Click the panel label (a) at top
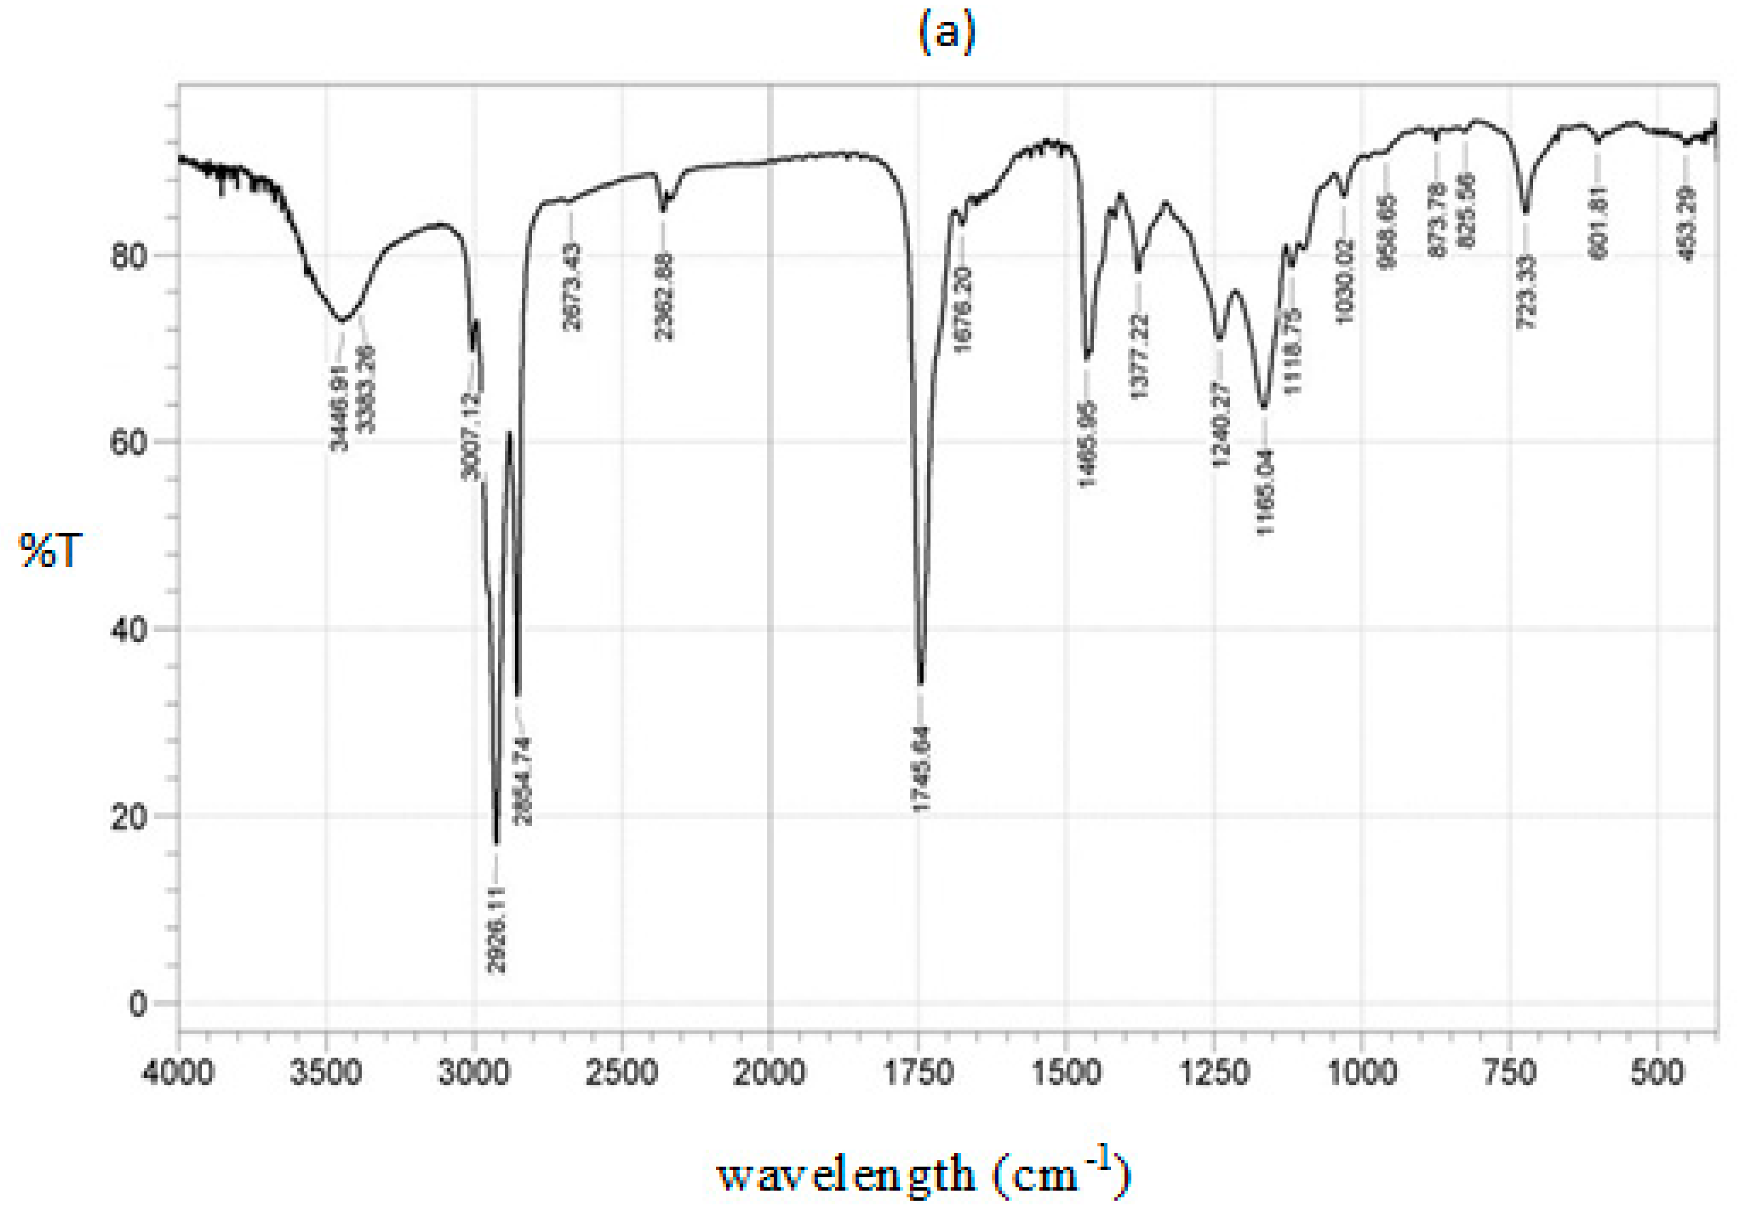tap(947, 34)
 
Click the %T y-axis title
tap(50, 551)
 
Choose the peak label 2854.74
tap(523, 781)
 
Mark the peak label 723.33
tap(1526, 292)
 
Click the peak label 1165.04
tap(1265, 492)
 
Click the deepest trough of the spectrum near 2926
tap(497, 841)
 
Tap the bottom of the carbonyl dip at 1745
tap(921, 682)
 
